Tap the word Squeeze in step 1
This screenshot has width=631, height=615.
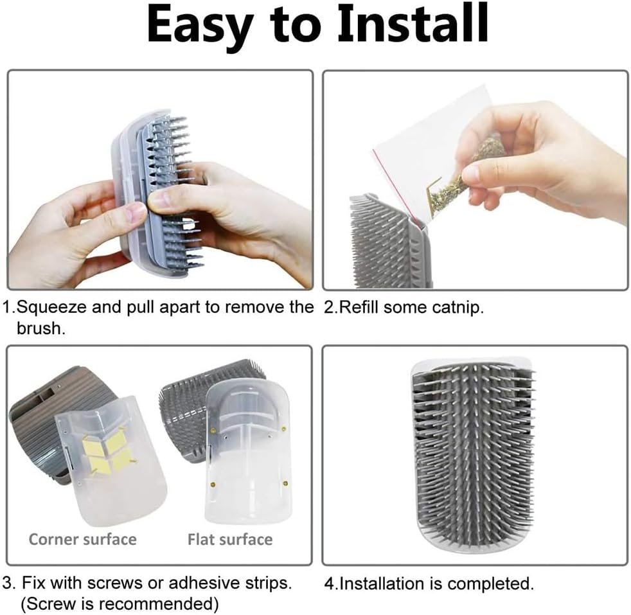point(51,308)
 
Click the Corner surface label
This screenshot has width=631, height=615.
point(83,539)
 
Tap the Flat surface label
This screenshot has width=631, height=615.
point(230,539)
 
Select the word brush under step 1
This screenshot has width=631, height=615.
point(40,329)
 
